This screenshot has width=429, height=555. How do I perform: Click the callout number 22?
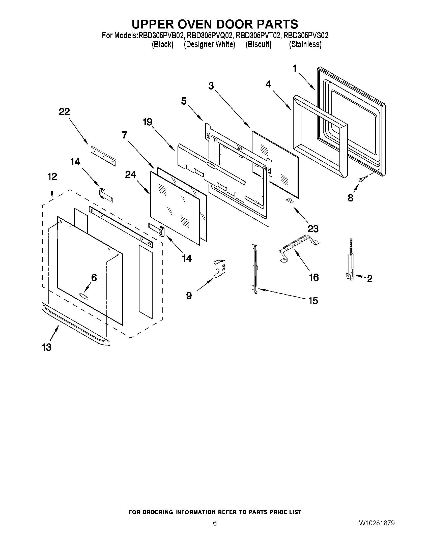tap(64, 112)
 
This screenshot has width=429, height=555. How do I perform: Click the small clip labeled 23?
tap(290, 200)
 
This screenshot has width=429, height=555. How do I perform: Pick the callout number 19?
tap(147, 122)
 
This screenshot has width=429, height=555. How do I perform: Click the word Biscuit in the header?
tap(259, 44)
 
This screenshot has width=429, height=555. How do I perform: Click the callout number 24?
tap(130, 174)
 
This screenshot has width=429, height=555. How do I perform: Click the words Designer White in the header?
tap(209, 44)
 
